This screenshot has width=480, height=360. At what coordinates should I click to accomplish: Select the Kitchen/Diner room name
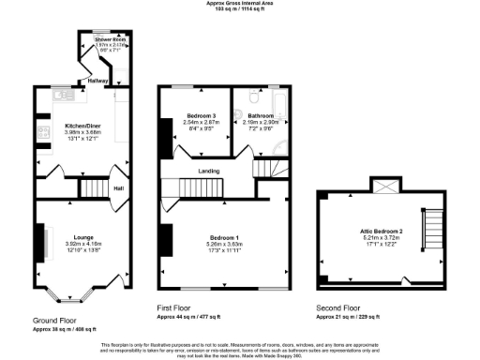pyautogui.click(x=83, y=125)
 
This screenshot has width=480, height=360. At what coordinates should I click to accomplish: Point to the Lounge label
pyautogui.click(x=83, y=238)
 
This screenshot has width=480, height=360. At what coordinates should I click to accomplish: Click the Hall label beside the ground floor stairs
pyautogui.click(x=118, y=187)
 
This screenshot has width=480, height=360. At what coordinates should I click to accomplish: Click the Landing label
pyautogui.click(x=209, y=171)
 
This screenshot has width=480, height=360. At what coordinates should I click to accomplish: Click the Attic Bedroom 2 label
pyautogui.click(x=381, y=231)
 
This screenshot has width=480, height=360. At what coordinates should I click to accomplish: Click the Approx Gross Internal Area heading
pyautogui.click(x=239, y=4)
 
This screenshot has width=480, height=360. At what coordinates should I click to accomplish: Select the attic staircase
pyautogui.click(x=433, y=233)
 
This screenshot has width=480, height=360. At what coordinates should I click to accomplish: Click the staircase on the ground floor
pyautogui.click(x=94, y=188)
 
